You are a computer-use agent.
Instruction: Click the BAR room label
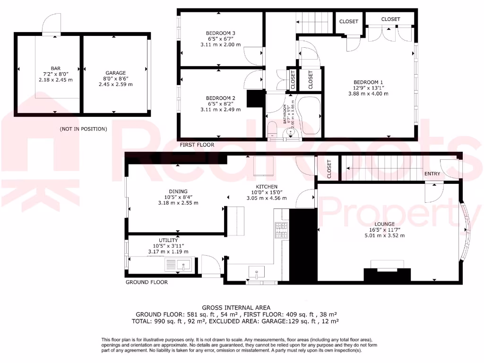click(55, 68)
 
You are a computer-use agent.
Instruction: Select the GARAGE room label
click(115, 73)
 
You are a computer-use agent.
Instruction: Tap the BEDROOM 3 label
click(220, 33)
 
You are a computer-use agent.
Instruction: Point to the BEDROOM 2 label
click(220, 98)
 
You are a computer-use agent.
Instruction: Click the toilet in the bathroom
click(272, 129)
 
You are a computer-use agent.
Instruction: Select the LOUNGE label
click(384, 224)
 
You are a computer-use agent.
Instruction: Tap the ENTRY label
click(432, 174)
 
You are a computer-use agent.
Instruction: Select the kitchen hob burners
click(282, 230)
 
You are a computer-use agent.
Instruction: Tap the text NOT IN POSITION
click(83, 129)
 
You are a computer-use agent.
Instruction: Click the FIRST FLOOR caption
click(196, 145)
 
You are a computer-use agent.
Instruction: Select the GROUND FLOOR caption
click(147, 282)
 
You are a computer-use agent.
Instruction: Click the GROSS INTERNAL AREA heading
click(237, 307)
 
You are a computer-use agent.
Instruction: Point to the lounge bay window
click(465, 231)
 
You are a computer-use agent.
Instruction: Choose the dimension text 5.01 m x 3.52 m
click(384, 235)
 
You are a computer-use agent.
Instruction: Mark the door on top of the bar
click(52, 24)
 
